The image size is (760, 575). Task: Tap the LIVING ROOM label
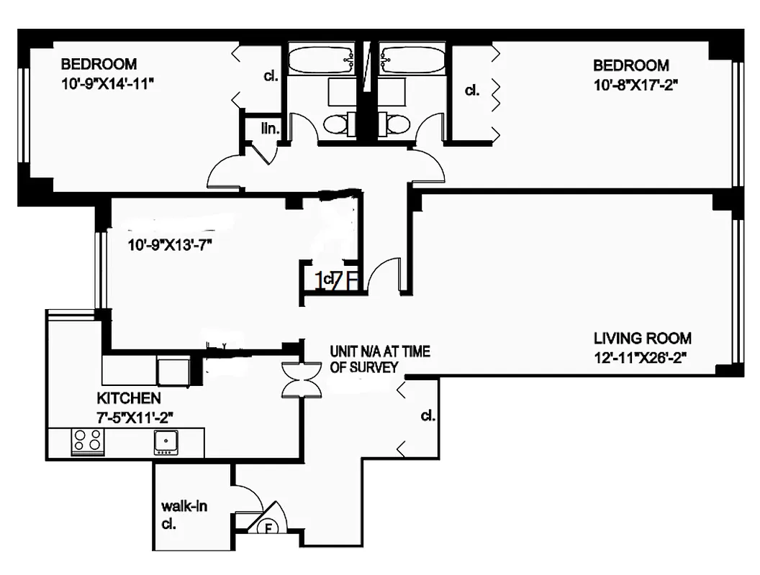click(x=642, y=338)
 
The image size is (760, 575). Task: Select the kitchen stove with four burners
click(x=88, y=441)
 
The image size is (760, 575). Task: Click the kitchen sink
click(x=166, y=441)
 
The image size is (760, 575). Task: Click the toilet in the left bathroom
click(x=337, y=124)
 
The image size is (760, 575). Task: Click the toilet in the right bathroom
click(x=395, y=124)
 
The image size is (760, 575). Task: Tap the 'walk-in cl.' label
click(x=184, y=515)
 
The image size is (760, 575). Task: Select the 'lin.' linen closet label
click(x=270, y=129)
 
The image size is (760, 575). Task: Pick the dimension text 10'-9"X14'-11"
click(x=108, y=83)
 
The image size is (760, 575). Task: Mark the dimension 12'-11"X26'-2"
click(x=638, y=356)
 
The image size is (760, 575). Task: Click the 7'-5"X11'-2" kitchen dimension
click(x=133, y=416)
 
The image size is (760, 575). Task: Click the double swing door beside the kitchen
click(x=302, y=379)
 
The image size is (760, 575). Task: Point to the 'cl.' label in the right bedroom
click(x=472, y=91)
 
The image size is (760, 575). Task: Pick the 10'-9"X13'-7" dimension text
click(x=169, y=245)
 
